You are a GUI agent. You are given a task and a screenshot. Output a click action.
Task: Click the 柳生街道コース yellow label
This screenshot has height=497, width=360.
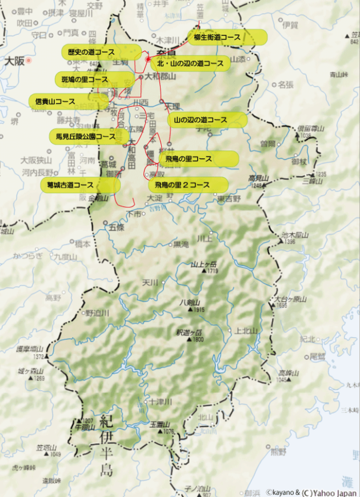click(x=227, y=37)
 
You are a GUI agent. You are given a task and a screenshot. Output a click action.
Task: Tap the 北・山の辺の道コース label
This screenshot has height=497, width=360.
click(x=190, y=63)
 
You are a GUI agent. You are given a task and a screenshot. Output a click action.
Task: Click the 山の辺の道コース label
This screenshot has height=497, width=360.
click(x=206, y=120)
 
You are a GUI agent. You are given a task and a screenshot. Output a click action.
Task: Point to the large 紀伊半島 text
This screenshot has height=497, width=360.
click(x=107, y=446)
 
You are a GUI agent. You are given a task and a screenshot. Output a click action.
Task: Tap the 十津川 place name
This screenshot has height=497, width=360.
click(x=160, y=402)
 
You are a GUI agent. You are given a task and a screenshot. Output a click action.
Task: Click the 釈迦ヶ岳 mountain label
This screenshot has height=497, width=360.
click(x=190, y=332)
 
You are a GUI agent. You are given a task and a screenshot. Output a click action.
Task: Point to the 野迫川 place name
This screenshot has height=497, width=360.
click(x=97, y=313)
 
